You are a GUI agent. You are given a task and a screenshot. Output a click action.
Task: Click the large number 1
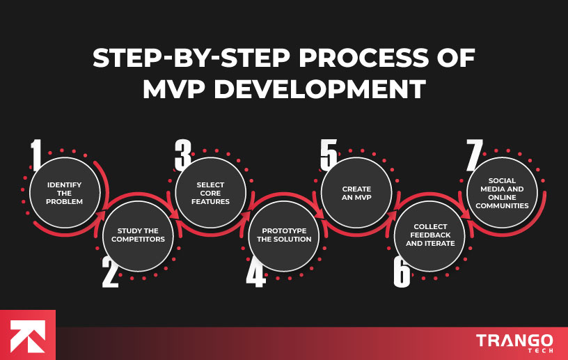pos(36,155)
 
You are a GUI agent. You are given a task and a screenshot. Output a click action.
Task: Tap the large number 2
pos(110,273)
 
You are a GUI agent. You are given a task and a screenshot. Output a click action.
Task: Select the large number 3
pos(182,155)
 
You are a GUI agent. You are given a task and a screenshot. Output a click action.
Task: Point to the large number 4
pos(255,273)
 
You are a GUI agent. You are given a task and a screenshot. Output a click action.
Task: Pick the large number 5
pos(329,155)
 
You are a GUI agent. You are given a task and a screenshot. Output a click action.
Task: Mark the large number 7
pos(474,155)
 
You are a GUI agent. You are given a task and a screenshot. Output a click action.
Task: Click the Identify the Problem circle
pos(65,192)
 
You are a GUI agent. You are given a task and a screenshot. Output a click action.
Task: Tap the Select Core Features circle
pos(210,192)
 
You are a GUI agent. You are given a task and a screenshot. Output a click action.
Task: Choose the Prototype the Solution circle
pos(284,235)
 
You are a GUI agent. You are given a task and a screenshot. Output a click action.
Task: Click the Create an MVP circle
pos(356,192)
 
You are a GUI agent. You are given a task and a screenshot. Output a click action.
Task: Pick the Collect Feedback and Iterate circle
pos(429,235)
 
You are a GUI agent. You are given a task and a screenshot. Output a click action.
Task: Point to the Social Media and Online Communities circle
pos(502,192)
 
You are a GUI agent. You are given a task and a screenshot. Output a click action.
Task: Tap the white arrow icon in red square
pos(28,335)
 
